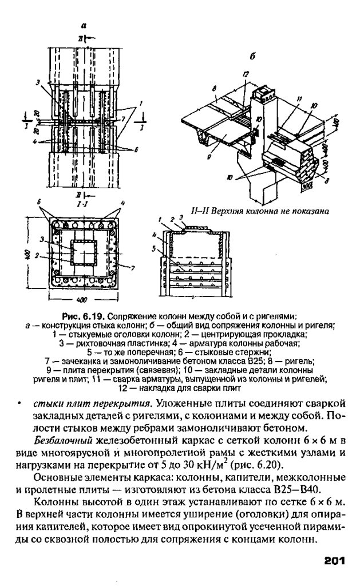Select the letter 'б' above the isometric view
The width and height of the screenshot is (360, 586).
253,56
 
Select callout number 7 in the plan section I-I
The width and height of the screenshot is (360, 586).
133,267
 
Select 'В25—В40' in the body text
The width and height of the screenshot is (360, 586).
296,490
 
